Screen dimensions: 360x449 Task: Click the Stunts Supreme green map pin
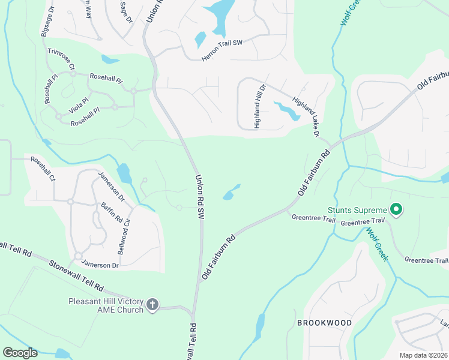click(396, 209)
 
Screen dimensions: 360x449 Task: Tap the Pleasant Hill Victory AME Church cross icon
click(152, 304)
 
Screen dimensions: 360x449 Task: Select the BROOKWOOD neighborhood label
click(324, 323)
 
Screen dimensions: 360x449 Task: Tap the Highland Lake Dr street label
click(305, 116)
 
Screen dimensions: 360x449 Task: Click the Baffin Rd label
click(111, 212)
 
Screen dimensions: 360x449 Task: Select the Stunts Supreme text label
click(357, 210)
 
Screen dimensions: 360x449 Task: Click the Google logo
click(20, 353)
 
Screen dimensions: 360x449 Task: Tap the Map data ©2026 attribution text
click(424, 355)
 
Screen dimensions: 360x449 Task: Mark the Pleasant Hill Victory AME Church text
click(106, 305)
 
